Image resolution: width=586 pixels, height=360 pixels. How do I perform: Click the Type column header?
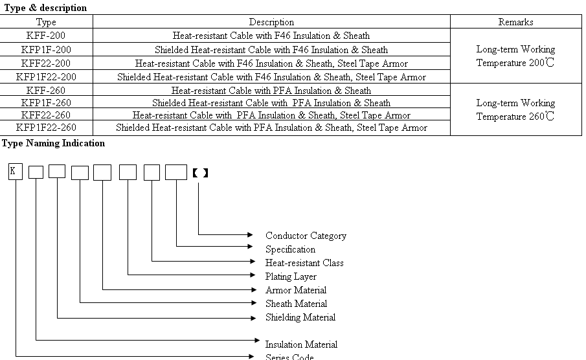click(46, 22)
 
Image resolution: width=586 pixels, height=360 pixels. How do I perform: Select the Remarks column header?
click(515, 21)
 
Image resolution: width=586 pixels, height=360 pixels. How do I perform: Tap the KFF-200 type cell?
click(46, 36)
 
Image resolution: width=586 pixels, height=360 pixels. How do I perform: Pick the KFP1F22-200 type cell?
click(46, 77)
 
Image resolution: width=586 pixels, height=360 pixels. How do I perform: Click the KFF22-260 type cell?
click(46, 115)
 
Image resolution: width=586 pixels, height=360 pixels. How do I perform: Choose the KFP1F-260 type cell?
click(46, 102)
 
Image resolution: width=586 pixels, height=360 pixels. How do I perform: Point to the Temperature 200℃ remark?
click(515, 62)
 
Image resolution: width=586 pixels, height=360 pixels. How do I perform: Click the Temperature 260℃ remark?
click(515, 117)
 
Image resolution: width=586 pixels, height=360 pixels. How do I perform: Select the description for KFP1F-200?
click(271, 50)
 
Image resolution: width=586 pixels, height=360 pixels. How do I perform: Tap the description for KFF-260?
click(271, 91)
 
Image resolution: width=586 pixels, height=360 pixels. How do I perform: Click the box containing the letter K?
click(16, 172)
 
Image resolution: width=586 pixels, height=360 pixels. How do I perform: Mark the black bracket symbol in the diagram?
click(200, 173)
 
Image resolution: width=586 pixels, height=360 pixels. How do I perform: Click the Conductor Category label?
click(306, 236)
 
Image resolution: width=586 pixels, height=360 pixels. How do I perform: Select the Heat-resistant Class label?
click(304, 263)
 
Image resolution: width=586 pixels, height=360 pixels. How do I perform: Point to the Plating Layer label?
click(291, 276)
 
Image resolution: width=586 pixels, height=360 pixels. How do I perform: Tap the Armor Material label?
click(296, 290)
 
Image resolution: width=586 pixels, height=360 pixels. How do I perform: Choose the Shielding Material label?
click(300, 317)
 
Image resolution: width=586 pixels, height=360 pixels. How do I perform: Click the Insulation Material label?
click(301, 344)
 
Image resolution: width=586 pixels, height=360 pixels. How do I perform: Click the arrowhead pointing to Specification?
click(251, 246)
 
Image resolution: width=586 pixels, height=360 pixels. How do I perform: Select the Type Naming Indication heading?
click(54, 143)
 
